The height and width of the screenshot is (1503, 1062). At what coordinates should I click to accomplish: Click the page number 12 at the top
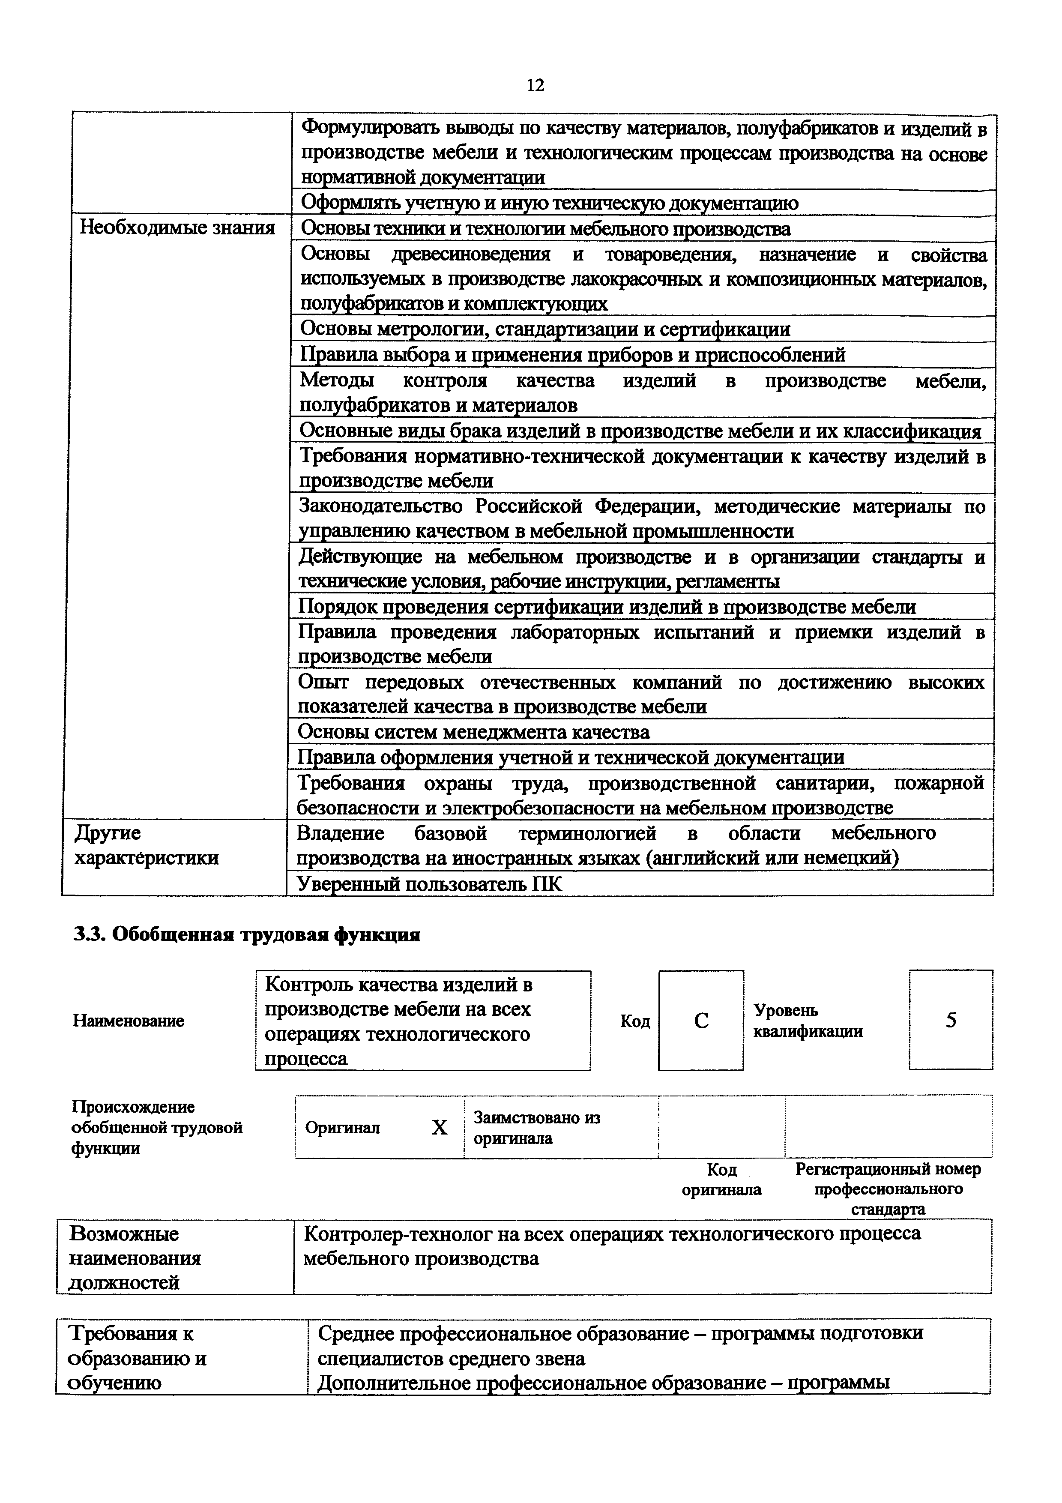(535, 86)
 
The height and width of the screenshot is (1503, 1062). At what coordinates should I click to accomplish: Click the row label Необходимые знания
(177, 228)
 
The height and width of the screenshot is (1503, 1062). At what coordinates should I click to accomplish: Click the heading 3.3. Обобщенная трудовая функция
(246, 935)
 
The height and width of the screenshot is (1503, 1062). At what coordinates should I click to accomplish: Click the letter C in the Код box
(701, 1021)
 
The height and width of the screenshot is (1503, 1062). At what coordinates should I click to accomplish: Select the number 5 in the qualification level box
(951, 1020)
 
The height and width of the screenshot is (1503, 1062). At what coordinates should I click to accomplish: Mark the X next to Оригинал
(439, 1127)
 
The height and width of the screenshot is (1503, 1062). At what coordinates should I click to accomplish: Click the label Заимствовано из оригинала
(536, 1127)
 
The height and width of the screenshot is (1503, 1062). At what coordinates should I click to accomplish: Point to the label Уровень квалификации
(808, 1021)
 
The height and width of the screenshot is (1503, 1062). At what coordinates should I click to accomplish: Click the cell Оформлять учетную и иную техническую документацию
(549, 204)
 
